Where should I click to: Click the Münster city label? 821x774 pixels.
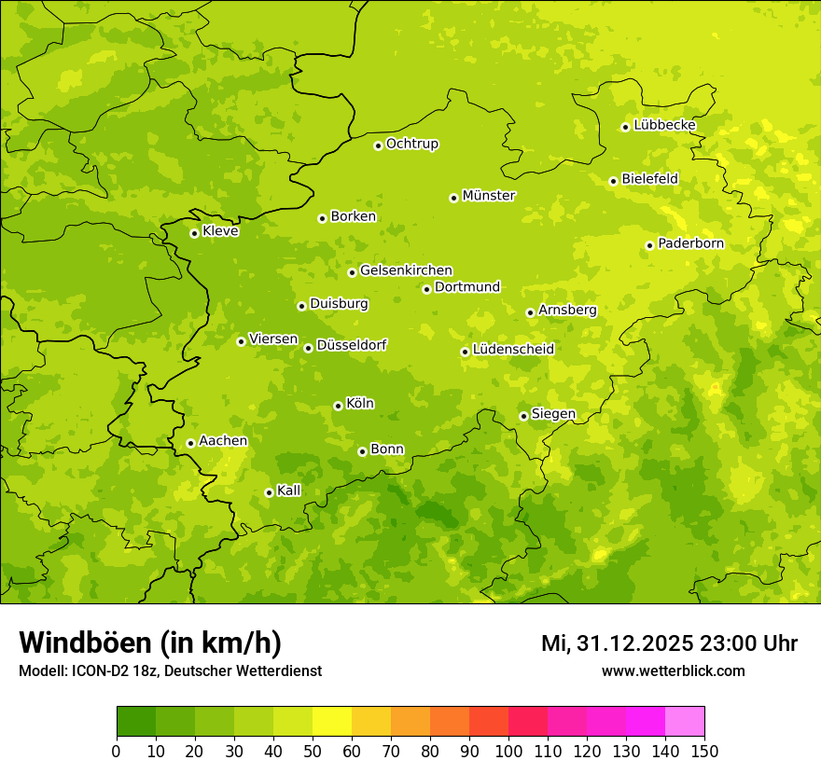[489, 196]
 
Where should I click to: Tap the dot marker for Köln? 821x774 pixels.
[338, 406]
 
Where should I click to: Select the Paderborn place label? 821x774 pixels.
[690, 244]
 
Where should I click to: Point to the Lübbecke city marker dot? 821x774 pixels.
[625, 127]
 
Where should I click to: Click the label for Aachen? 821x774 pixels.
[223, 441]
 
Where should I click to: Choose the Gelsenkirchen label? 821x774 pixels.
[406, 270]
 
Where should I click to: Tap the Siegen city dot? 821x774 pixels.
[523, 416]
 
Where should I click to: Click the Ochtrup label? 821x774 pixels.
[412, 144]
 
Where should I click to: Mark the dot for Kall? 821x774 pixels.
[269, 492]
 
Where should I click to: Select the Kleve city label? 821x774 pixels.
[220, 231]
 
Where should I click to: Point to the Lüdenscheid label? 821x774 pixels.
[513, 350]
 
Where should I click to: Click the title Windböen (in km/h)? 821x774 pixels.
[150, 643]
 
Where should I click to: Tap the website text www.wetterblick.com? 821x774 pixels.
[673, 670]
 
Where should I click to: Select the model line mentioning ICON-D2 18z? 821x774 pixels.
[170, 670]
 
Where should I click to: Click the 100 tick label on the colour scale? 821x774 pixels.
[508, 751]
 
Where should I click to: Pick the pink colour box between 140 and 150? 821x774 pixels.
[685, 722]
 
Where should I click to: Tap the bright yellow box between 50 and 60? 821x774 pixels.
[332, 722]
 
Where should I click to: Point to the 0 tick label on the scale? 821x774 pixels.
[117, 751]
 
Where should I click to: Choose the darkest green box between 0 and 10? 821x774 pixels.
[136, 722]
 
